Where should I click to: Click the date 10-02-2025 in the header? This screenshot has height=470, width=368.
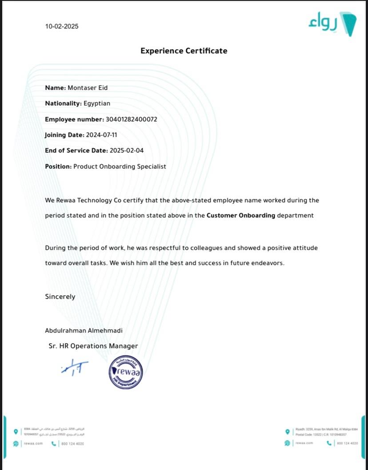click(62, 26)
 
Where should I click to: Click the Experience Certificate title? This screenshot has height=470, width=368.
click(184, 51)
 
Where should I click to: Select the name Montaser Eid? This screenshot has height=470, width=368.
click(88, 88)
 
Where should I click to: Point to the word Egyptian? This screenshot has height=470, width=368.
click(97, 104)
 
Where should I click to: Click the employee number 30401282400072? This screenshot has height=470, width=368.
click(132, 119)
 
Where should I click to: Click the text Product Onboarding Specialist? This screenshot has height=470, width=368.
click(120, 166)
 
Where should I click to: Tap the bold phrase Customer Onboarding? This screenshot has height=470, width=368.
click(241, 216)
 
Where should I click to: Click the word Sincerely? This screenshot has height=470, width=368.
click(60, 297)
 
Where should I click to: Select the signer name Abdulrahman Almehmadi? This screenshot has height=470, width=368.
click(84, 330)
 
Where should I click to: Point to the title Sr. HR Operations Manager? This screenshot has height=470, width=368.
click(93, 346)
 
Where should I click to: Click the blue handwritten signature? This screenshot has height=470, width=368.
click(74, 367)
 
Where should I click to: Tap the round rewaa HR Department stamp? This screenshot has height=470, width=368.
click(126, 373)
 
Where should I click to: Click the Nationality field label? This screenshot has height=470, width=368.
click(63, 104)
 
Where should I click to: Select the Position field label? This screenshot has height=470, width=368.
click(58, 166)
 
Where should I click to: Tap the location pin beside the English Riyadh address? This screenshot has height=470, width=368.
click(288, 431)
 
